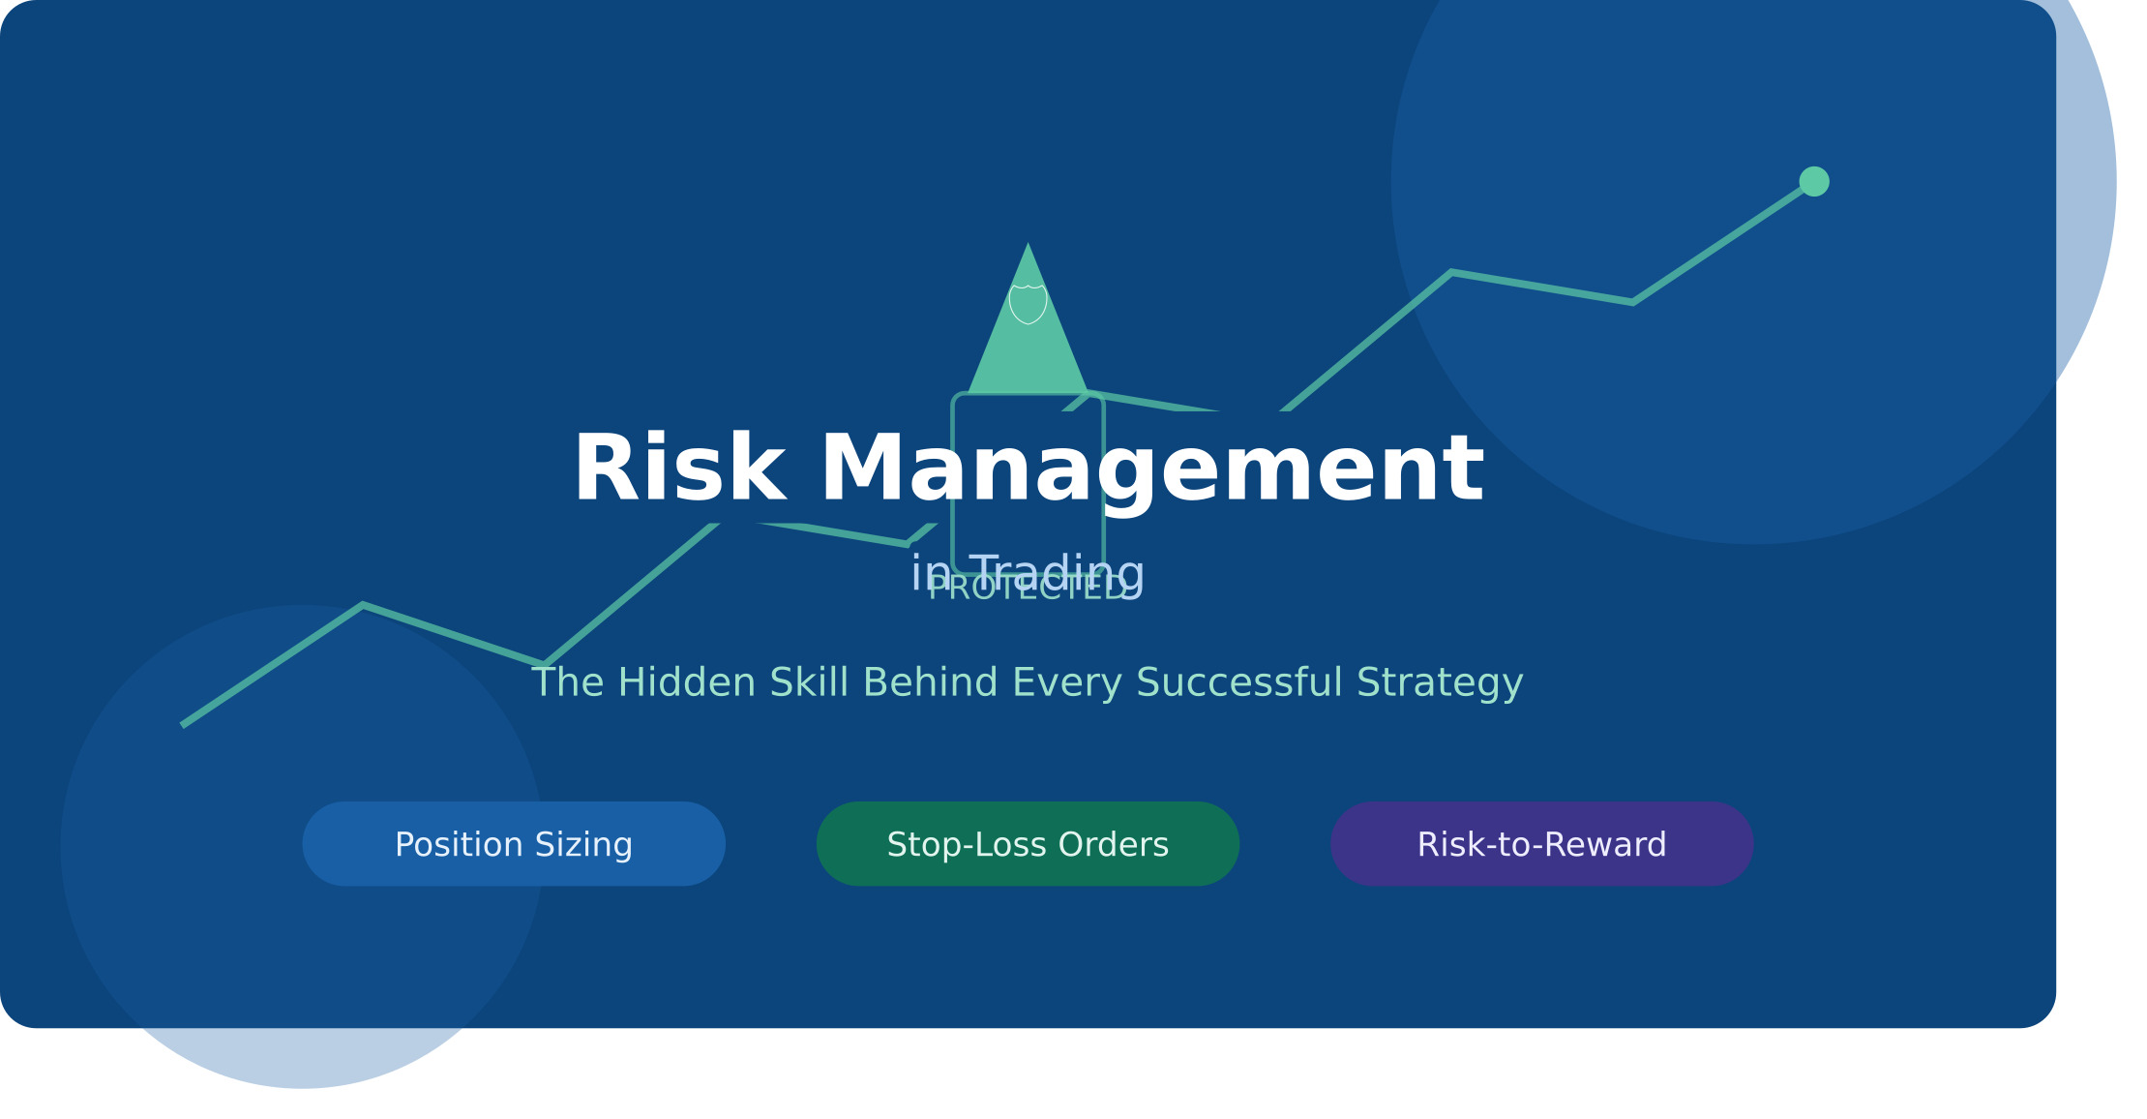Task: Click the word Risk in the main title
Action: pyautogui.click(x=678, y=469)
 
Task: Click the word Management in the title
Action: pyautogui.click(x=1151, y=469)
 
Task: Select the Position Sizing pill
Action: pyautogui.click(x=514, y=843)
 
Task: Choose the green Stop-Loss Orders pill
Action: pyautogui.click(x=1028, y=843)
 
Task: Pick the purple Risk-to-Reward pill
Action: pyautogui.click(x=1541, y=843)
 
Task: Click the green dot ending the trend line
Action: pyautogui.click(x=1813, y=181)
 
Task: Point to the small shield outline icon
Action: pyautogui.click(x=1028, y=304)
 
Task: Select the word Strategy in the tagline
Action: pyautogui.click(x=1440, y=682)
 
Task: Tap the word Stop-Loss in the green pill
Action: pyautogui.click(x=968, y=844)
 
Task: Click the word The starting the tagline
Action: pyautogui.click(x=569, y=682)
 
